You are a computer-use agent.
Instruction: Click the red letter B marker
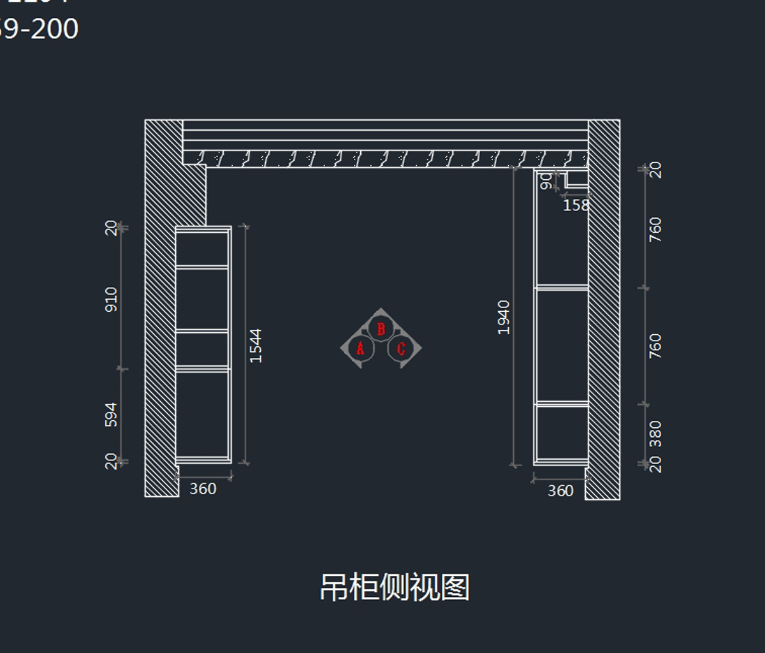tap(381, 329)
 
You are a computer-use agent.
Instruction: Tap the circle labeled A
tap(360, 349)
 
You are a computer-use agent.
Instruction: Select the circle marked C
tap(401, 349)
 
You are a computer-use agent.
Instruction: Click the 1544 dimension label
tap(256, 346)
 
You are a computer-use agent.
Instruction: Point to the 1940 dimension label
tap(504, 317)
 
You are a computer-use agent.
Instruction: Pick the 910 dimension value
tap(111, 299)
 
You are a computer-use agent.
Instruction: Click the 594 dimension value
tap(111, 415)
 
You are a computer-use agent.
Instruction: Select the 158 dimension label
tap(576, 205)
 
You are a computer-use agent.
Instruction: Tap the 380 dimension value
tap(655, 434)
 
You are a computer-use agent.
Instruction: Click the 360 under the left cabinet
tap(203, 489)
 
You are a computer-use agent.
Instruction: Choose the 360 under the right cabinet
tap(560, 491)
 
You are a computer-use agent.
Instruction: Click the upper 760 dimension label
tap(655, 230)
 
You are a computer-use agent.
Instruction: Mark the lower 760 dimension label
tap(655, 346)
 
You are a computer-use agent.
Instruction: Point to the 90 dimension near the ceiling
tap(546, 182)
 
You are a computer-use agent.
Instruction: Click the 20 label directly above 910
tap(111, 228)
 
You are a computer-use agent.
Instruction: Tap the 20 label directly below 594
tap(111, 461)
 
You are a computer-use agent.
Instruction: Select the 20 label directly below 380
tap(655, 465)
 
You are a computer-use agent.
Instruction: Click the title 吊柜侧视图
tap(395, 587)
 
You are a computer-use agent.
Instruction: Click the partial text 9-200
tap(40, 29)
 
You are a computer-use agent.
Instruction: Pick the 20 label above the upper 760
tap(655, 170)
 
